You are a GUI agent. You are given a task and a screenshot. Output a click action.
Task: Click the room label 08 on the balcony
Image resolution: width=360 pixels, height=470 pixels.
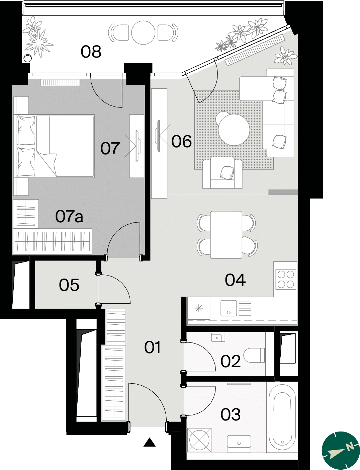click(91, 52)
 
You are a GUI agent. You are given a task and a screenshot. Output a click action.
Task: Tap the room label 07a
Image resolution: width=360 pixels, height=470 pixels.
click(69, 216)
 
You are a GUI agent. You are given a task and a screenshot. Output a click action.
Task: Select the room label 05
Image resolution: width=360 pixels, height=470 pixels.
click(69, 285)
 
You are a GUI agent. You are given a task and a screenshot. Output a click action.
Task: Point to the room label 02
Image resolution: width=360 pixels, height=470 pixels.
click(230, 361)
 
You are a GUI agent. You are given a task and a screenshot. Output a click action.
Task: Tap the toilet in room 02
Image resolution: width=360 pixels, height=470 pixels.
click(254, 355)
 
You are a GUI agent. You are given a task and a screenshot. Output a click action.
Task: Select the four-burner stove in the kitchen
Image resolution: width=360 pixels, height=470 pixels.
click(286, 279)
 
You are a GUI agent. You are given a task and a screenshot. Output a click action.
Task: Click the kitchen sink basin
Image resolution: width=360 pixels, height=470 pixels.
click(229, 308)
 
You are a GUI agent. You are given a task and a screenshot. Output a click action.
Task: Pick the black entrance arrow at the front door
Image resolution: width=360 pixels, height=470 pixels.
click(150, 442)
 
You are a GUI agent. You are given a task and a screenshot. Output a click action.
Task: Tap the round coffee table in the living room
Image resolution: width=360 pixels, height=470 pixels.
click(234, 130)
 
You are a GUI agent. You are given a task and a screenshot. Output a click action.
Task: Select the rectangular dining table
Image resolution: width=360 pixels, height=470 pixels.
click(226, 235)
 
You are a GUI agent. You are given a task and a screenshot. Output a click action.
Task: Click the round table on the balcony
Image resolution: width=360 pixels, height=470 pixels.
click(143, 33)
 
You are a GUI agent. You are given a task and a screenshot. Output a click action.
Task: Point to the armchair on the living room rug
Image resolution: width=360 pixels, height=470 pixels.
click(222, 173)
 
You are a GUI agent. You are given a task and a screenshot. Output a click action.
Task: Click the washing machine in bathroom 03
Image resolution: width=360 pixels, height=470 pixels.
click(199, 440)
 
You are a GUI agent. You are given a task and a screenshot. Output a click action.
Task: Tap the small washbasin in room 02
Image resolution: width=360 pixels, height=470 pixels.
click(218, 337)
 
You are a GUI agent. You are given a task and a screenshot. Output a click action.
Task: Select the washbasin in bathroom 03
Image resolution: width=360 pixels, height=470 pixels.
click(239, 444)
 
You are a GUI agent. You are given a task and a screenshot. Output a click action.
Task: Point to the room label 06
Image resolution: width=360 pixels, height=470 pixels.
click(182, 141)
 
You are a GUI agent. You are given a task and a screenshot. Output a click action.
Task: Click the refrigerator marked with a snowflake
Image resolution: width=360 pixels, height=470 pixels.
click(199, 308)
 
